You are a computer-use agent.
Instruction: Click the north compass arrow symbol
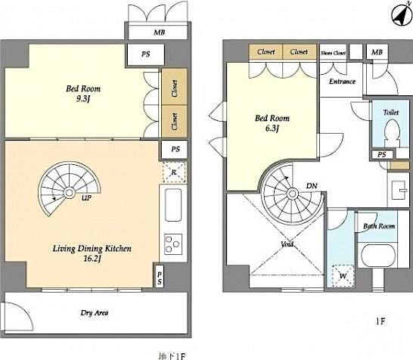pyautogui.click(x=399, y=14)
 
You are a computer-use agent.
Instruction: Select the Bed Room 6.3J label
pyautogui.click(x=272, y=123)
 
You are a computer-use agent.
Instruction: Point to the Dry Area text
pyautogui.click(x=93, y=312)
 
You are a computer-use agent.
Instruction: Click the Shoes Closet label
pyautogui.click(x=334, y=53)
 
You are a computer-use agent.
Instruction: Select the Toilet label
pyautogui.click(x=390, y=112)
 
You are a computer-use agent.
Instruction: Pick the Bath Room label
pyautogui.click(x=379, y=226)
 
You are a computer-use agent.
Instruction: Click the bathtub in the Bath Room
pyautogui.click(x=379, y=256)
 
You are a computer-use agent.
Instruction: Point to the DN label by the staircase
pyautogui.click(x=310, y=185)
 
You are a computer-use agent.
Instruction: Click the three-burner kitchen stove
pyautogui.click(x=172, y=244)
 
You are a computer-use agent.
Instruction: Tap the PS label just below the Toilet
pyautogui.click(x=383, y=156)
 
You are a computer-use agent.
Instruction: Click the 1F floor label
pyautogui.click(x=381, y=321)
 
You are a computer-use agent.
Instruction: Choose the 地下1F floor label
pyautogui.click(x=172, y=354)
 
